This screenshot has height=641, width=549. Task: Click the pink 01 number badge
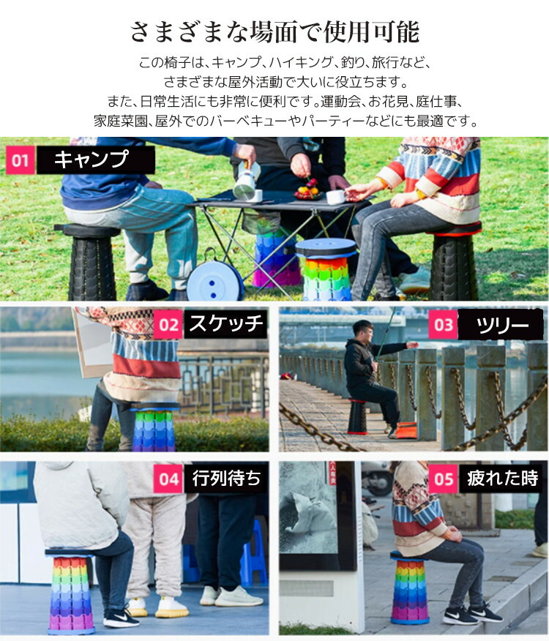(20, 160)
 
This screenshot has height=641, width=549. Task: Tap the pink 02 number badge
(168, 325)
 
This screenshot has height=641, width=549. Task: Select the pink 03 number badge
(444, 325)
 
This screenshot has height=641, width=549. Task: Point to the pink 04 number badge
(168, 479)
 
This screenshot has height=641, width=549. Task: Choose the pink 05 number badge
(444, 479)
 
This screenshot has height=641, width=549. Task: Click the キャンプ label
(91, 159)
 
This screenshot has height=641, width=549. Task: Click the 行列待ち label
(226, 478)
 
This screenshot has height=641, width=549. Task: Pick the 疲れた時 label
(502, 478)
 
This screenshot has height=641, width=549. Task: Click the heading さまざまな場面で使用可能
(274, 32)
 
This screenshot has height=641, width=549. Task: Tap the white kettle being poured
(246, 182)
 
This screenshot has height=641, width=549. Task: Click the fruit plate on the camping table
(309, 191)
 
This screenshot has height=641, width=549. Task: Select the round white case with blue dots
(214, 280)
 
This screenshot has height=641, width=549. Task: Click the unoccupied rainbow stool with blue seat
(326, 269)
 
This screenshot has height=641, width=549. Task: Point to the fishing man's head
(363, 331)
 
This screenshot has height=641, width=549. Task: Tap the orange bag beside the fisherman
(406, 430)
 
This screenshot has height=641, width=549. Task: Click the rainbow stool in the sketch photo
(154, 427)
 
